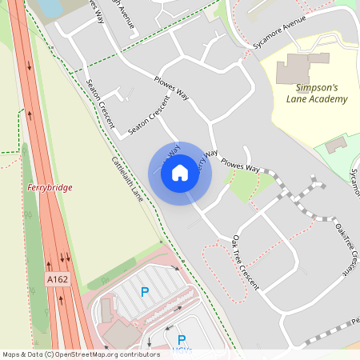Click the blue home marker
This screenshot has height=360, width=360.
pos(180,173)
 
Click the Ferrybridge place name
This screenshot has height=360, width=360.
pos(50,187)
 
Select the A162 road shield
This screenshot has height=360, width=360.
pos(57,280)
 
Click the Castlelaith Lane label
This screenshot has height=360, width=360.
pos(127,178)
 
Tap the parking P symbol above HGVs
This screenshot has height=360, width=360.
pos(182,340)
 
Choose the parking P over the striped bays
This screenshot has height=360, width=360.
pos(145,293)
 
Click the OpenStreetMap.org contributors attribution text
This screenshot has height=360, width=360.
pos(102,354)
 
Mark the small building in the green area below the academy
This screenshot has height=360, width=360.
pos(337,144)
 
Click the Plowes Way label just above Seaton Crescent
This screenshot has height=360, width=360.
pos(170,87)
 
